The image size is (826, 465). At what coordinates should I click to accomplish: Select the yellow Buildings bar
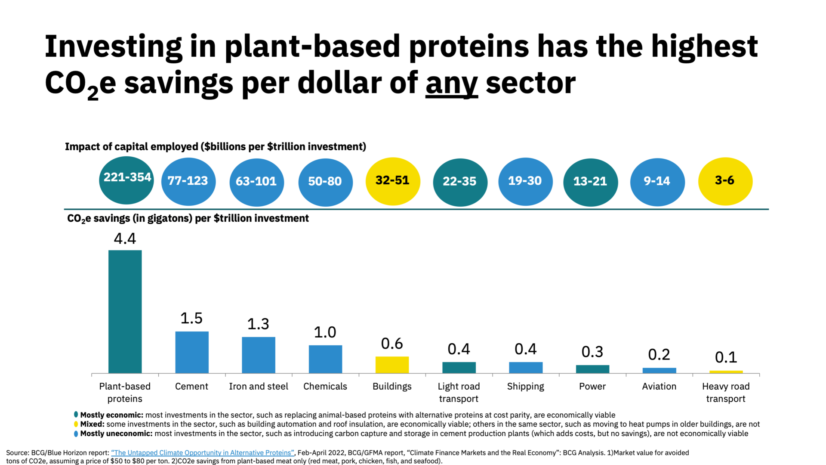coord(392,365)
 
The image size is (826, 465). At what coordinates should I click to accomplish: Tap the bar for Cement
coord(192,352)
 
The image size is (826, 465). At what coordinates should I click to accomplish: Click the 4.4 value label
coord(125,239)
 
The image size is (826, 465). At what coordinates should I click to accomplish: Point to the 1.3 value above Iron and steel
coord(258,324)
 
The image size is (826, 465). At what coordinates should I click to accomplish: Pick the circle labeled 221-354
coord(126,180)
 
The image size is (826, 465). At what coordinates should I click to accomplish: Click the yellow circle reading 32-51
coord(392,181)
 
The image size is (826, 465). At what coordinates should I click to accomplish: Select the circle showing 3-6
coord(725,181)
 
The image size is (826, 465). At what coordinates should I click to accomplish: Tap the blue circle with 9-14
coord(657,182)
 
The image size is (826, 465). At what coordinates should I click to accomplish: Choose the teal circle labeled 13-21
coord(590,182)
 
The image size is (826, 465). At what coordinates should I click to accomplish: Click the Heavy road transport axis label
coord(726,392)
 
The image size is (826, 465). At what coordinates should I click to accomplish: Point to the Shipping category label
coord(525,386)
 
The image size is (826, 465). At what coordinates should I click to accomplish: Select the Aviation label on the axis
coord(659,386)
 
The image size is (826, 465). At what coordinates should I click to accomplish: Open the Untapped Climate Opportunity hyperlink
coord(203,453)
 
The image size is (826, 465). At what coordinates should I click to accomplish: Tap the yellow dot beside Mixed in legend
coord(76,424)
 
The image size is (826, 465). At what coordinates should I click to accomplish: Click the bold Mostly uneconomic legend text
coord(116,434)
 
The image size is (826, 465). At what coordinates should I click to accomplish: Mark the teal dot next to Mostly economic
coord(76,415)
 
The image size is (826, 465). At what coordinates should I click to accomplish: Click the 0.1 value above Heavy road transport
coord(726,357)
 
